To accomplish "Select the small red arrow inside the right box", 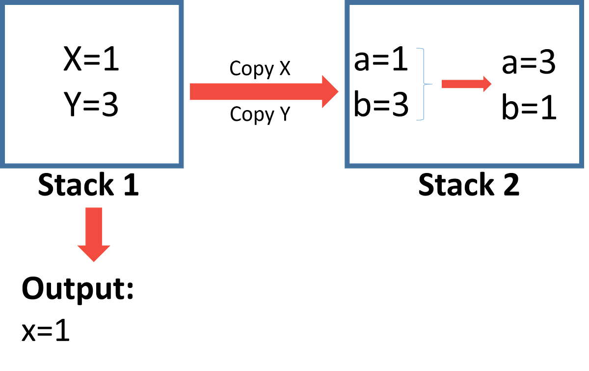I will (x=466, y=84).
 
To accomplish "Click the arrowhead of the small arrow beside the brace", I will (x=487, y=84).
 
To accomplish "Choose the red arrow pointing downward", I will (x=93, y=234).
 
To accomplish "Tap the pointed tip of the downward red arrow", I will (x=93, y=261).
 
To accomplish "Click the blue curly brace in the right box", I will (x=423, y=84).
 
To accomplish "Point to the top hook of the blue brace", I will (x=419, y=48).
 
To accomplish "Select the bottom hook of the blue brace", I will (x=419, y=119).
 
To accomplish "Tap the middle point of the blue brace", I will (x=430, y=84).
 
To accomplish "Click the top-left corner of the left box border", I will (x=3, y=3).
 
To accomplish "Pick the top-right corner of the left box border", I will (x=182, y=3).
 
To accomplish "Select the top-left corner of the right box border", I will (x=348, y=3).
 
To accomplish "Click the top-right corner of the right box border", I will (x=581, y=3).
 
